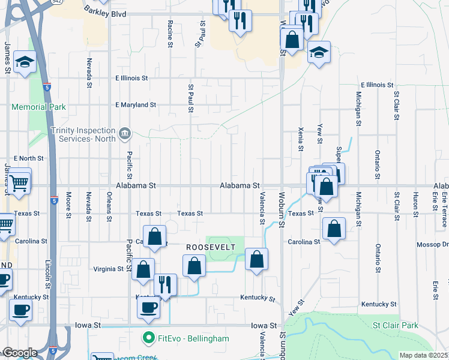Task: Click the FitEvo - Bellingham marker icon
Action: tap(148, 338)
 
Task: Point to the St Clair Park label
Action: tap(394, 325)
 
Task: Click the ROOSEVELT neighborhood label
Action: tap(209, 247)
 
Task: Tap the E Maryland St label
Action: tap(136, 105)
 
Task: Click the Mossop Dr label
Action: tap(436, 245)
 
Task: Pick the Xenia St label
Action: tap(300, 139)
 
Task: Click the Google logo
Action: tap(19, 353)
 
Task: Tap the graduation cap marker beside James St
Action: tap(25, 62)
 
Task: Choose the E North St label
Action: tap(28, 158)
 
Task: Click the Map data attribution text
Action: tap(423, 355)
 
